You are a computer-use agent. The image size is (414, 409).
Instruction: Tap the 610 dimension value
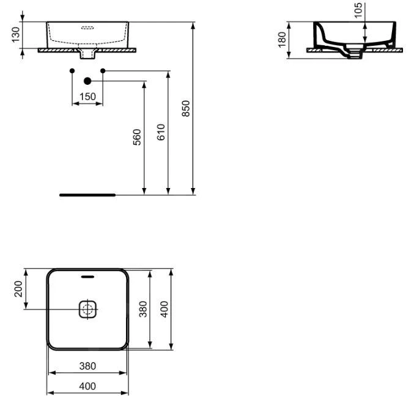click(x=161, y=133)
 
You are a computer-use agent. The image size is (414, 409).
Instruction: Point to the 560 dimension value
click(x=138, y=137)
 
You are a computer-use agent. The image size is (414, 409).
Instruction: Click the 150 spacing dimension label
click(x=87, y=96)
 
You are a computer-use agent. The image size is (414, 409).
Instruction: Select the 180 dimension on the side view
click(x=282, y=40)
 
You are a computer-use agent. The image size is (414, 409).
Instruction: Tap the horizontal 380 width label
click(x=87, y=366)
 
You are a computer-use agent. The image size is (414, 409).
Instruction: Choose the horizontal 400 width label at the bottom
click(x=87, y=386)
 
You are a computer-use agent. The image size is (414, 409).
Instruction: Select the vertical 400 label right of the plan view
click(x=164, y=308)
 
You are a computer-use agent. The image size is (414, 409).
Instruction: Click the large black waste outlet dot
click(x=87, y=81)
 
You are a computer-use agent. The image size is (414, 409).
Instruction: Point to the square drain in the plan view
click(x=87, y=309)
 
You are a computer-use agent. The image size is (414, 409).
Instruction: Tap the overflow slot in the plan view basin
click(x=87, y=277)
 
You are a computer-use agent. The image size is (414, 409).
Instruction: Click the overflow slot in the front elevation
click(x=87, y=27)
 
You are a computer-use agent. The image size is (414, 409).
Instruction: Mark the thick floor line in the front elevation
click(x=87, y=195)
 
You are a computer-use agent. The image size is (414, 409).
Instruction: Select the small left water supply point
click(x=73, y=71)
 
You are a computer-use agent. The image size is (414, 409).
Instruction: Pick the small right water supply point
click(x=103, y=71)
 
